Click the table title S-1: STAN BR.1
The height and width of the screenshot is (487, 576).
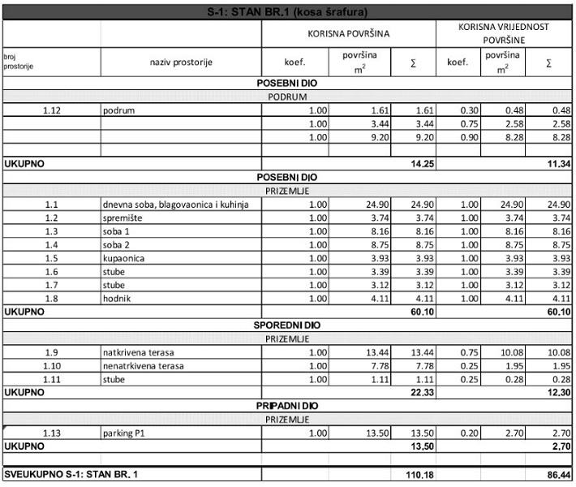[288, 12]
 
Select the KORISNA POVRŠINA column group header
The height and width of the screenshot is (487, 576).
[347, 34]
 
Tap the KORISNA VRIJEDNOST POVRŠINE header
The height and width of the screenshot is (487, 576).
[503, 33]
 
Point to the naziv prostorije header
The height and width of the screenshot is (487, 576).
[181, 62]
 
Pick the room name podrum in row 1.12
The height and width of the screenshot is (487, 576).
[119, 110]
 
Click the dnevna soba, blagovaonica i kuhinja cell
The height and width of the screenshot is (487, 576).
[181, 205]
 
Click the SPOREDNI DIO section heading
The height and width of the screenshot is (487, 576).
[288, 325]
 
